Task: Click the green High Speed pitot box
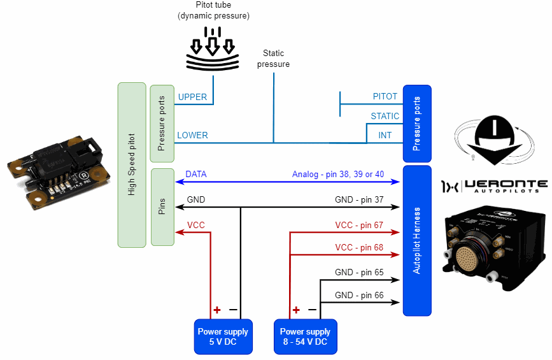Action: coord(132,164)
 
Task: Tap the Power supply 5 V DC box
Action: coord(223,336)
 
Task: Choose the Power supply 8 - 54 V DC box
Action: coord(305,336)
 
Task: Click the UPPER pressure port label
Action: coord(192,97)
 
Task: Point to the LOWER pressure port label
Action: coord(192,135)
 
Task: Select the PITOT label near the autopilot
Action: coord(385,97)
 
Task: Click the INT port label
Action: coord(385,135)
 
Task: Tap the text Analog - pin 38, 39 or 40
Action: coord(338,174)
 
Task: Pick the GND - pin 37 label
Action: coord(360,199)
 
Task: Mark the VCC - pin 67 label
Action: coord(360,225)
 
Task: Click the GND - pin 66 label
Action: coord(360,295)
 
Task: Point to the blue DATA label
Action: coord(196,174)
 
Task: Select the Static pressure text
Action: coord(273,59)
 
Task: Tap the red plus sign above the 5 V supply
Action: coord(216,310)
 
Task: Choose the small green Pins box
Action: coord(162,206)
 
